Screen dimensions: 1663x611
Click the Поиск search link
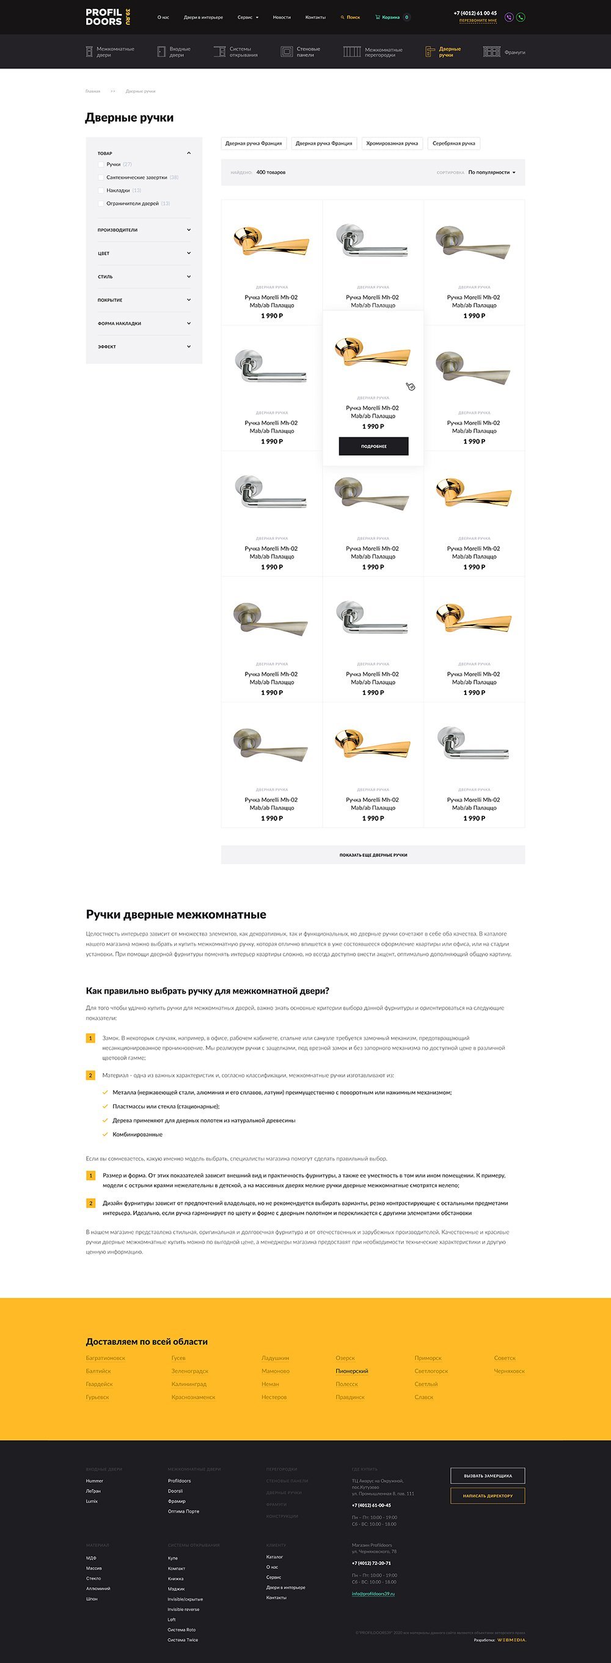coord(351,18)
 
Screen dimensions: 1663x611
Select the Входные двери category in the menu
coord(174,52)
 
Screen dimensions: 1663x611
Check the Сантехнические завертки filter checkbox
coord(101,178)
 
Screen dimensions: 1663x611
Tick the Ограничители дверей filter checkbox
coord(101,203)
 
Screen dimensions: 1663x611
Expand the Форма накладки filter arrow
coord(189,324)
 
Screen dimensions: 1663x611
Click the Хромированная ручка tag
coord(392,144)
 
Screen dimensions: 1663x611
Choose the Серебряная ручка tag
coord(453,144)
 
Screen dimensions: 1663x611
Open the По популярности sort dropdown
coord(491,172)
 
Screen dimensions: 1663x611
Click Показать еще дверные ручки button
coord(373,855)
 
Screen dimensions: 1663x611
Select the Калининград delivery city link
coord(189,1384)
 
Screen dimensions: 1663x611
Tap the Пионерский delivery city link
coord(351,1371)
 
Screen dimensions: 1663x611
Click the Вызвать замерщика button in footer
coord(487,1476)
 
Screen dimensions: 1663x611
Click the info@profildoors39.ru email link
coord(373,1593)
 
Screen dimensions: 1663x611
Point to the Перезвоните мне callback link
coord(478,21)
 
